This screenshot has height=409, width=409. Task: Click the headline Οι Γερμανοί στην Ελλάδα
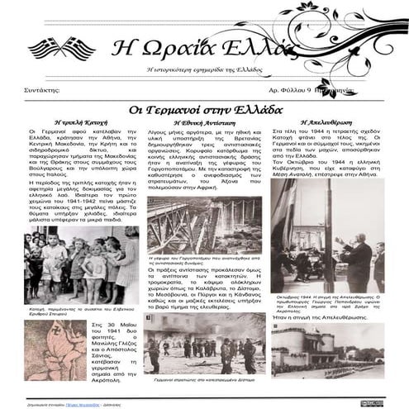207,110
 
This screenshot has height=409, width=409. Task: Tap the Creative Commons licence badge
371,402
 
